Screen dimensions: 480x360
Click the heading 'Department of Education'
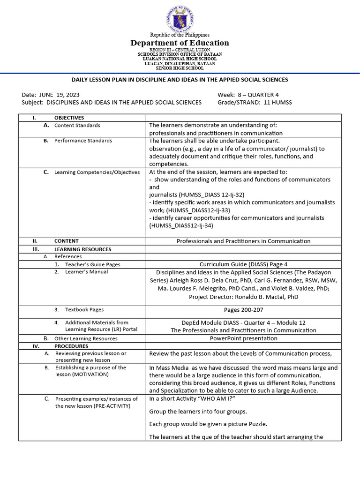coord(180,43)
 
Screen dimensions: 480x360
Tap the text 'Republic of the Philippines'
coord(180,35)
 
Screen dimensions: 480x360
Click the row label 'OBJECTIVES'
coord(69,118)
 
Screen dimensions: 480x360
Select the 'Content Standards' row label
coord(77,125)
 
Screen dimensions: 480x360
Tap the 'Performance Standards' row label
coord(83,141)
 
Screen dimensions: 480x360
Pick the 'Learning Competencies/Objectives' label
coord(97,172)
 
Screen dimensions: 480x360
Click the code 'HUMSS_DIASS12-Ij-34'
coord(181,225)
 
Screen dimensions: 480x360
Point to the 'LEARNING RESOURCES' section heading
coord(82,249)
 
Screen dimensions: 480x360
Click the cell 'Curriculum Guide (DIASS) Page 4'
coord(243,264)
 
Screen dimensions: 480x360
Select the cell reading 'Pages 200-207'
coord(243,310)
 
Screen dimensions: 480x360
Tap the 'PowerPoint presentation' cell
coord(243,338)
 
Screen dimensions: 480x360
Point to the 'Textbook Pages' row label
coord(84,310)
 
